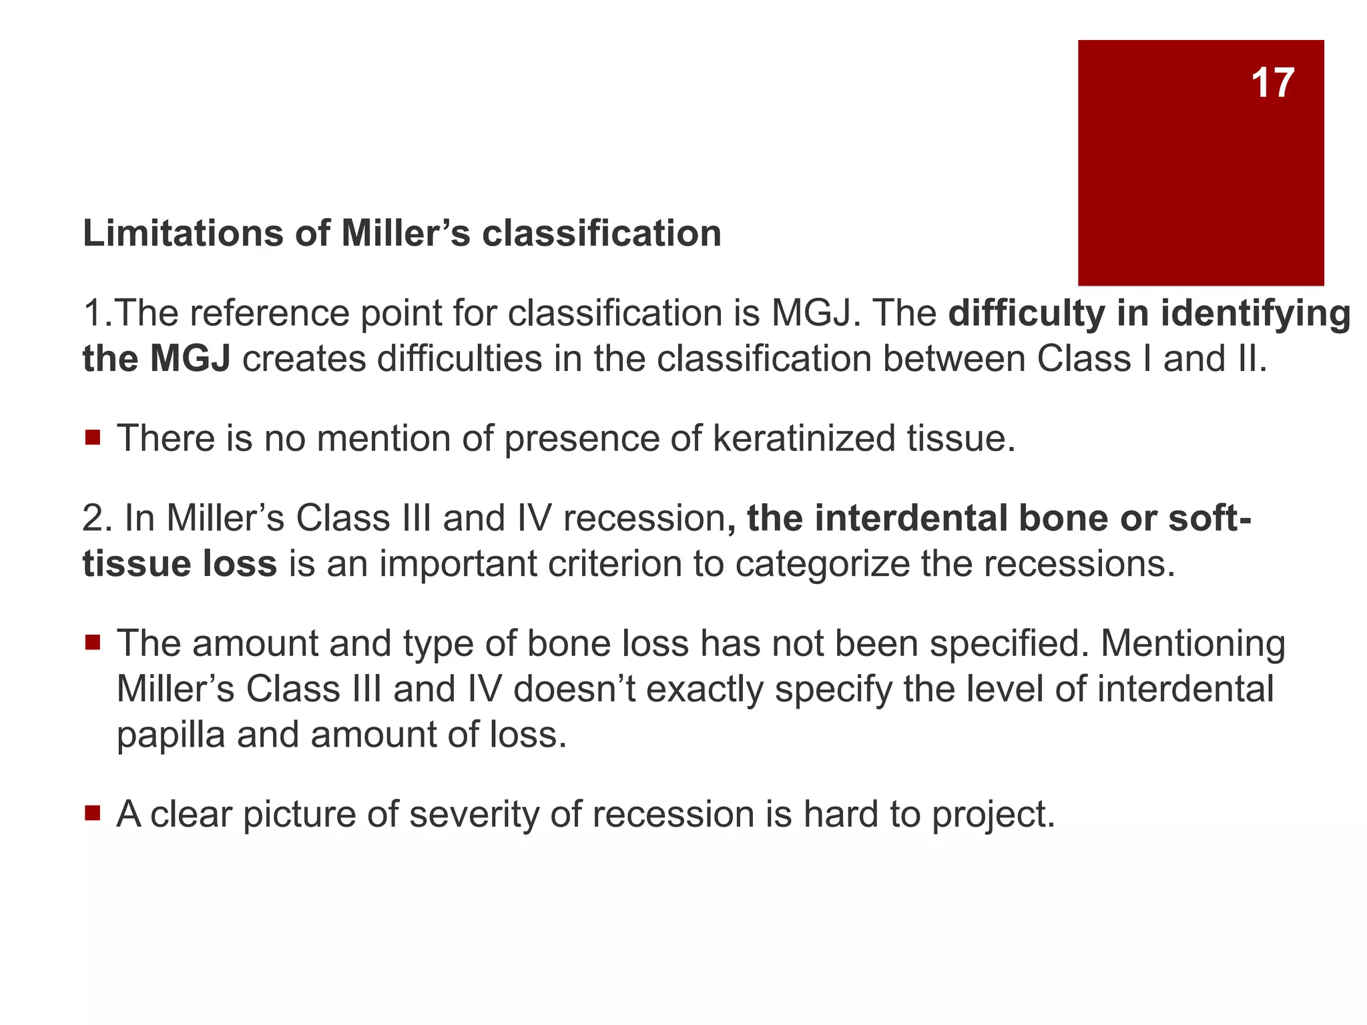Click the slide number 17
click(x=1272, y=83)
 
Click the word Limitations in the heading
click(x=179, y=234)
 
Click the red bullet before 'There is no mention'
click(x=93, y=438)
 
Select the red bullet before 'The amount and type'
click(x=93, y=643)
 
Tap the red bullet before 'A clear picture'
click(x=93, y=813)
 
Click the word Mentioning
click(x=1192, y=643)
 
